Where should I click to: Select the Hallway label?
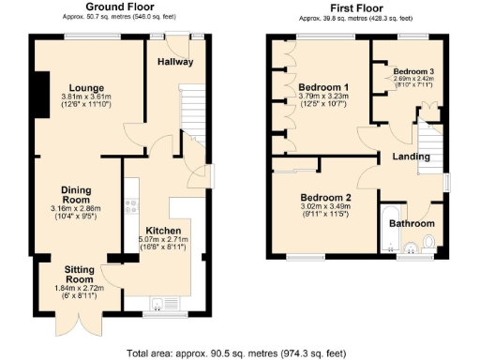click(175, 62)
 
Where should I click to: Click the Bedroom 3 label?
click(413, 71)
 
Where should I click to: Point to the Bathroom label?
click(412, 224)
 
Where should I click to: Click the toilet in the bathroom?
click(428, 244)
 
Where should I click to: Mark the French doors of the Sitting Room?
click(72, 328)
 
